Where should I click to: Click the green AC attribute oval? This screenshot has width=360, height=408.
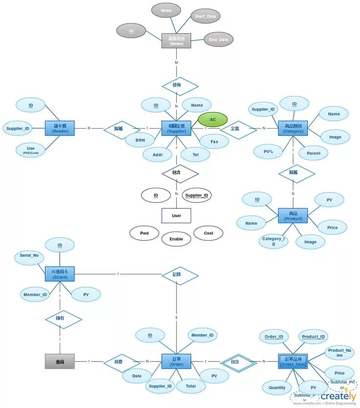click(x=213, y=119)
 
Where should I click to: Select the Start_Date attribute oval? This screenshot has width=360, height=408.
click(x=205, y=16)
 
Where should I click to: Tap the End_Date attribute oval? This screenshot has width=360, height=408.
click(x=218, y=40)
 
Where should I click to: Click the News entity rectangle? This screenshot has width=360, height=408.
click(x=176, y=41)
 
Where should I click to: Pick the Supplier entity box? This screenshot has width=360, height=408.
click(x=176, y=128)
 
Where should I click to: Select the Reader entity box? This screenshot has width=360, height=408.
click(x=60, y=128)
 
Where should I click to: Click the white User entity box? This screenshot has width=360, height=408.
click(x=176, y=215)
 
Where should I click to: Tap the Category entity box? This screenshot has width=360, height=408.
click(x=293, y=128)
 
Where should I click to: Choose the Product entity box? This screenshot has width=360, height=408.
click(x=293, y=216)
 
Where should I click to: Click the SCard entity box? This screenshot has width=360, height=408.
click(x=60, y=274)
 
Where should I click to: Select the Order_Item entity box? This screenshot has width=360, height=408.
click(x=293, y=362)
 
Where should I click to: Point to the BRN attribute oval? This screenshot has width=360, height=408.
click(x=139, y=140)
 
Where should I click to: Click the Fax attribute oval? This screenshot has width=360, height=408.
click(x=214, y=141)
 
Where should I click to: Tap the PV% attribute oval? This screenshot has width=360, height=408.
click(x=268, y=152)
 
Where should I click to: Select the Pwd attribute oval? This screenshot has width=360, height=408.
click(x=144, y=233)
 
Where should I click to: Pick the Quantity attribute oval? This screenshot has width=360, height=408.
click(x=277, y=387)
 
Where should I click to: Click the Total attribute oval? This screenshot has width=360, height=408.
click(x=191, y=386)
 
